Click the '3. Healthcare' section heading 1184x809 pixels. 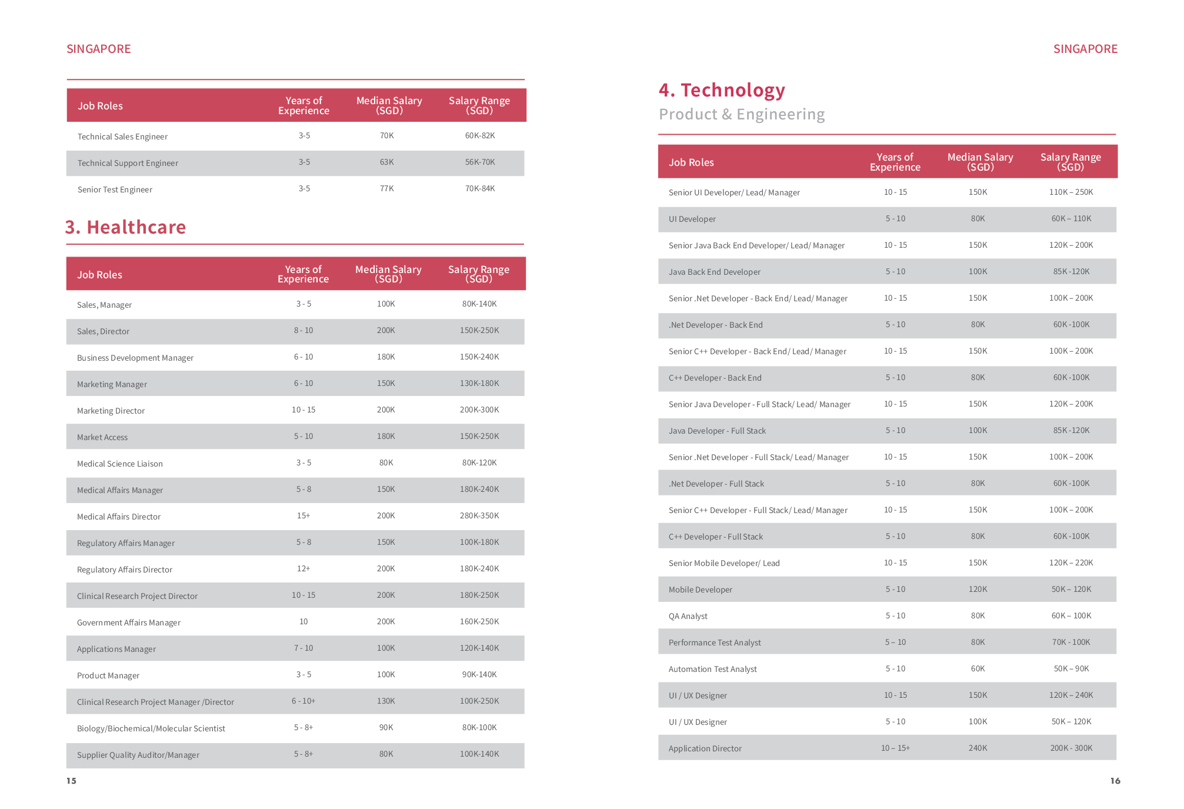[125, 227]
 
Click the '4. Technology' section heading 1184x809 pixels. [722, 90]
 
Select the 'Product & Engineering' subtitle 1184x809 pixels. [742, 114]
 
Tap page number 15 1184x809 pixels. [71, 781]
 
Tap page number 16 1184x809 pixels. [1115, 781]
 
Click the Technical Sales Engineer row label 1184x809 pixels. [122, 137]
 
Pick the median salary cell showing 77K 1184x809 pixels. [387, 188]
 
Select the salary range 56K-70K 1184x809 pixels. [480, 162]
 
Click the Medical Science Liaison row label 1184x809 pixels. [120, 464]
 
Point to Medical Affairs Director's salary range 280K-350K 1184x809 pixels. [479, 515]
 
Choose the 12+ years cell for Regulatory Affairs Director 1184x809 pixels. [303, 568]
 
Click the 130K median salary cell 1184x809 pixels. [386, 701]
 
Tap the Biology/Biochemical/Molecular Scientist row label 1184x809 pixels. [151, 728]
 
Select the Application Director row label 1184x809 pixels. [705, 748]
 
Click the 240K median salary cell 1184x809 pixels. [978, 748]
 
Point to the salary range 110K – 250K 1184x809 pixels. [1071, 192]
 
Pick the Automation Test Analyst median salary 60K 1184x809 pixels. [978, 668]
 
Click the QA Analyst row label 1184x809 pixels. [688, 616]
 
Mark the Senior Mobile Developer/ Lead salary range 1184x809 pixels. [1071, 562]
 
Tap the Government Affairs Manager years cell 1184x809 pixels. [303, 621]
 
